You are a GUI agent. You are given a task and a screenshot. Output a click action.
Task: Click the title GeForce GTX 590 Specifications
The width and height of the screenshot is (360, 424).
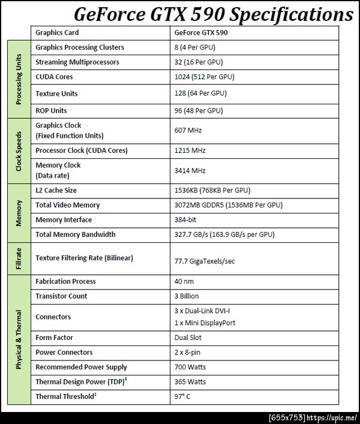pos(213,14)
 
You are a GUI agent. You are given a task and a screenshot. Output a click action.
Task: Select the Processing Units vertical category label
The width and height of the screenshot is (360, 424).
pos(19,79)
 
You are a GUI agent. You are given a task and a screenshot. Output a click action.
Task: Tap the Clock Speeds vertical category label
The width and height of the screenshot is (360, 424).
pos(19,151)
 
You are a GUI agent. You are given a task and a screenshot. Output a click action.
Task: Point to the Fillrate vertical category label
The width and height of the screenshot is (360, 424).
pos(19,258)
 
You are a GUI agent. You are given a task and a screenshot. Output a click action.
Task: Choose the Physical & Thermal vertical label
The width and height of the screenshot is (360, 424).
pos(19,339)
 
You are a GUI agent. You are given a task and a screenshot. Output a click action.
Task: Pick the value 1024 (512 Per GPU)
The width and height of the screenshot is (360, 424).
pos(204,77)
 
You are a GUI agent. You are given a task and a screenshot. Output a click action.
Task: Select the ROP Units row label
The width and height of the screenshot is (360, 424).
pos(51,110)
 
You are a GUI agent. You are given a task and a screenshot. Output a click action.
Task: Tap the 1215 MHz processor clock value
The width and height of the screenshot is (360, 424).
pos(190,151)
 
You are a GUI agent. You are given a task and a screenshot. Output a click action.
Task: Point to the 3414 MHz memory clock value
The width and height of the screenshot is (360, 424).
pos(190,171)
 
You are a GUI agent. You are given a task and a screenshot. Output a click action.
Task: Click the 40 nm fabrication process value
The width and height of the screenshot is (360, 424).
pos(184,281)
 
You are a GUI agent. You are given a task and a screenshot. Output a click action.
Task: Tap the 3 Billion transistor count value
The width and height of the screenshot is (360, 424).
pos(186,296)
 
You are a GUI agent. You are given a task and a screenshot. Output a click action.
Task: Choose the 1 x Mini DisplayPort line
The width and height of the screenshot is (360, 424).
pos(204,323)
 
